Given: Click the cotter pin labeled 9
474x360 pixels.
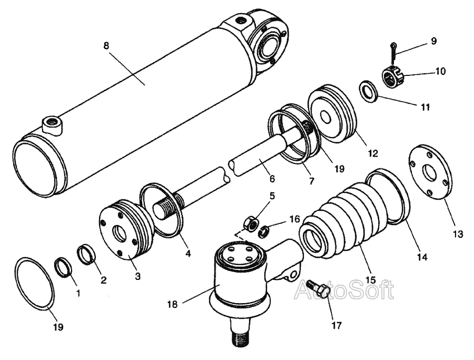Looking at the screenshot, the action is click(x=392, y=53).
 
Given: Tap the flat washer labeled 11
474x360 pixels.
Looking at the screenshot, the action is click(x=369, y=91).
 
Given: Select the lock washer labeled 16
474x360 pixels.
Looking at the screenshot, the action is click(x=264, y=231).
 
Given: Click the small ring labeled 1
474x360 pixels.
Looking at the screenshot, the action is click(x=64, y=267).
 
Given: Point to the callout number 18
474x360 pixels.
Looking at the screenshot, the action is click(x=173, y=304).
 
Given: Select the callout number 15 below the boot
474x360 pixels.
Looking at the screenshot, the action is click(x=370, y=279).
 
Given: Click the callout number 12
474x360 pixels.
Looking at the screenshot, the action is click(x=373, y=153).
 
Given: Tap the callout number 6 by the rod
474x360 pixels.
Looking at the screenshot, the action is click(x=272, y=179).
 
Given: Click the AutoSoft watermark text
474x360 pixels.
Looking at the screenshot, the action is click(x=344, y=290).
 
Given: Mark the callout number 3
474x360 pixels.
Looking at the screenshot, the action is click(x=138, y=276).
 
